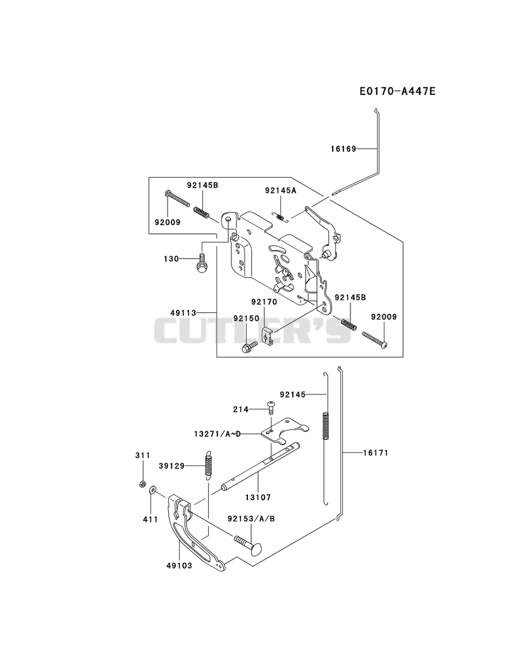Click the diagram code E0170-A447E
397,91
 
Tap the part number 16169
343,149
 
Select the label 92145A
280,190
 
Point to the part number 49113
183,313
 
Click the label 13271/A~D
217,434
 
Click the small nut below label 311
143,484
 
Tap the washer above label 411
152,490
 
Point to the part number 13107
257,498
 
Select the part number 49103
179,565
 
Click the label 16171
376,453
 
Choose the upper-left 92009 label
167,222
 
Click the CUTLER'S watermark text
253,331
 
